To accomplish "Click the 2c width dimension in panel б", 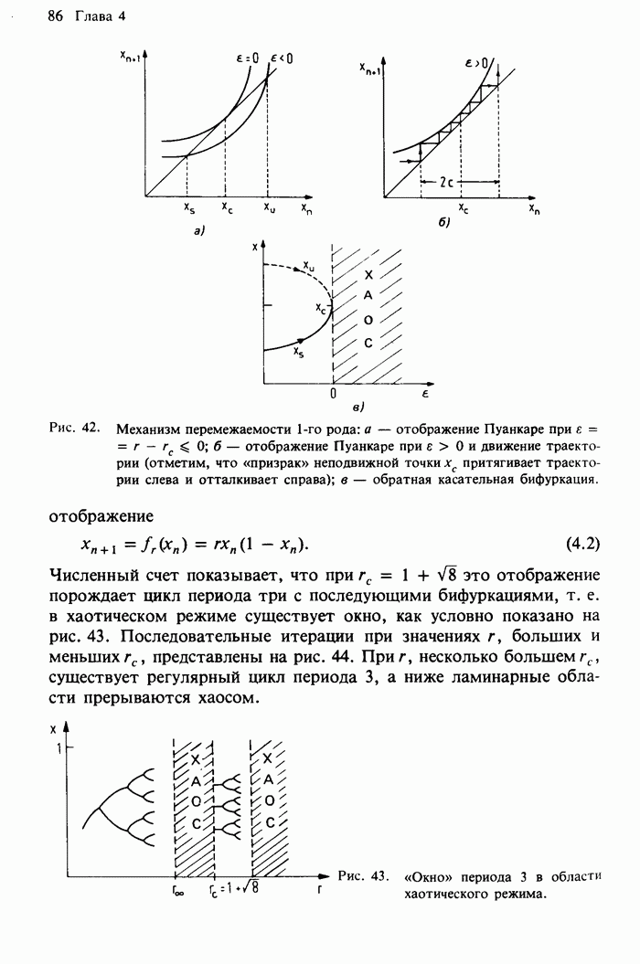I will click(447, 182).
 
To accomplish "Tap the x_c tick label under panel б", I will click(463, 209).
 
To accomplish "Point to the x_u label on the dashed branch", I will click(309, 268).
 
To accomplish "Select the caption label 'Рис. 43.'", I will click(364, 875).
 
